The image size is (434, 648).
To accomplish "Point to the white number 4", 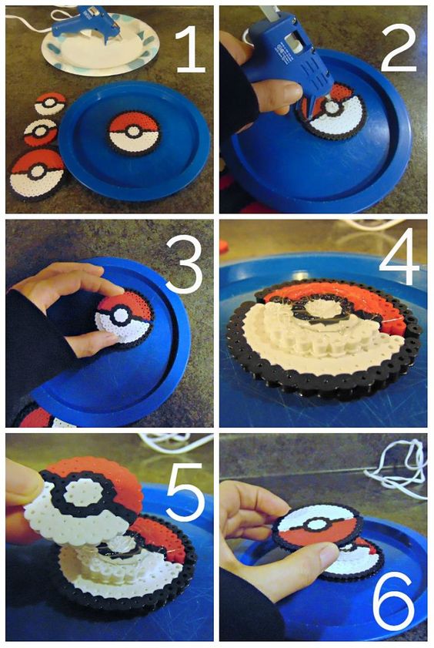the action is (x=399, y=257).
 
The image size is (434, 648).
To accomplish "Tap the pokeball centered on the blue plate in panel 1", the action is (x=134, y=132).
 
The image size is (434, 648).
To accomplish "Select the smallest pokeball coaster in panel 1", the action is (x=50, y=103).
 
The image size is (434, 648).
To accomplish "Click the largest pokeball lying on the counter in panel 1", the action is (x=36, y=173).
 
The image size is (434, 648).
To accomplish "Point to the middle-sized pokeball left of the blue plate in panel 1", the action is (x=41, y=133).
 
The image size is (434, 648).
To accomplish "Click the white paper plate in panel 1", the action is (x=100, y=45).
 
